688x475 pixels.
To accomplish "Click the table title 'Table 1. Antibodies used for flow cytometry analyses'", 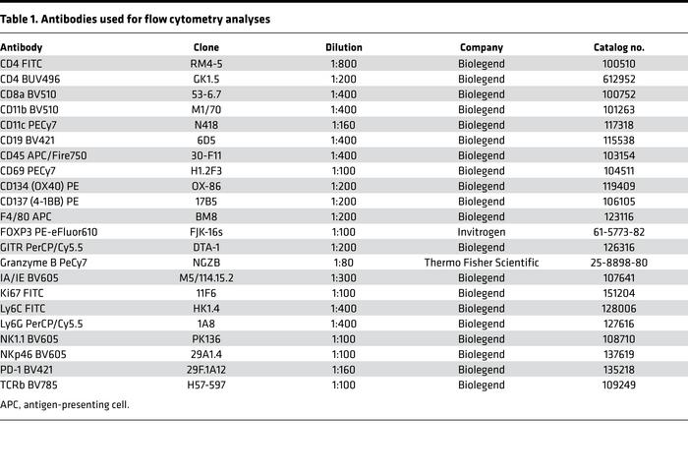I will (x=135, y=19).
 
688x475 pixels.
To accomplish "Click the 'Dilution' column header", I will (x=343, y=47).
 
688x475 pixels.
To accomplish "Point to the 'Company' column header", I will (x=482, y=47).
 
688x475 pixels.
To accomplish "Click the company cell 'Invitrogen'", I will (x=482, y=231).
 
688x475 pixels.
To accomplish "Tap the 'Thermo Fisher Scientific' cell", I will (x=482, y=263).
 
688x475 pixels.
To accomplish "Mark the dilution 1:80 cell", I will (x=343, y=263).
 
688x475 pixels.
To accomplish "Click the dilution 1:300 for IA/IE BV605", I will (x=343, y=278).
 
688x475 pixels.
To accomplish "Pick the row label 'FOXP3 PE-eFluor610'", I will (x=48, y=231).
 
